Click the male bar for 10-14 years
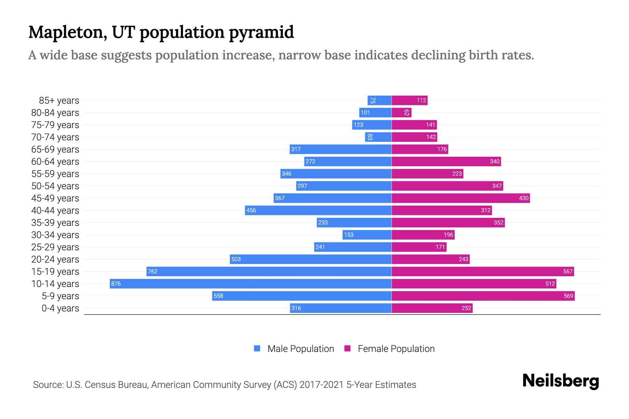point(251,284)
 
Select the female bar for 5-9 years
point(483,296)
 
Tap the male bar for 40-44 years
point(318,210)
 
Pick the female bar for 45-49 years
point(461,198)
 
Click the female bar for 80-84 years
point(402,112)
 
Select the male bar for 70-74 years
point(378,137)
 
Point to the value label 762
point(153,271)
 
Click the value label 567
point(568,271)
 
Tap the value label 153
point(349,235)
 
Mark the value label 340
point(495,161)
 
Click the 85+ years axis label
point(59,101)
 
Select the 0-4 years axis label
point(60,308)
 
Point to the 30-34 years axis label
point(55,235)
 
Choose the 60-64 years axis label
point(55,162)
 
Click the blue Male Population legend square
point(257,348)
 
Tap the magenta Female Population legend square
point(347,348)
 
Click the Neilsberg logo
point(561,381)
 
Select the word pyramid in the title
point(261,33)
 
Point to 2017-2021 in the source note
point(321,385)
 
